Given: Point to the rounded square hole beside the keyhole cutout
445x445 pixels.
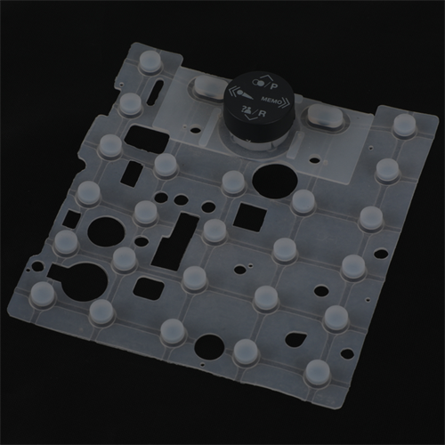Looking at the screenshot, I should point(145,287).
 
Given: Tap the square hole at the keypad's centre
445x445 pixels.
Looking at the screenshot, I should point(249,215).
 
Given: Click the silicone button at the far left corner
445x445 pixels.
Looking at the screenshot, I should point(41,293).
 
